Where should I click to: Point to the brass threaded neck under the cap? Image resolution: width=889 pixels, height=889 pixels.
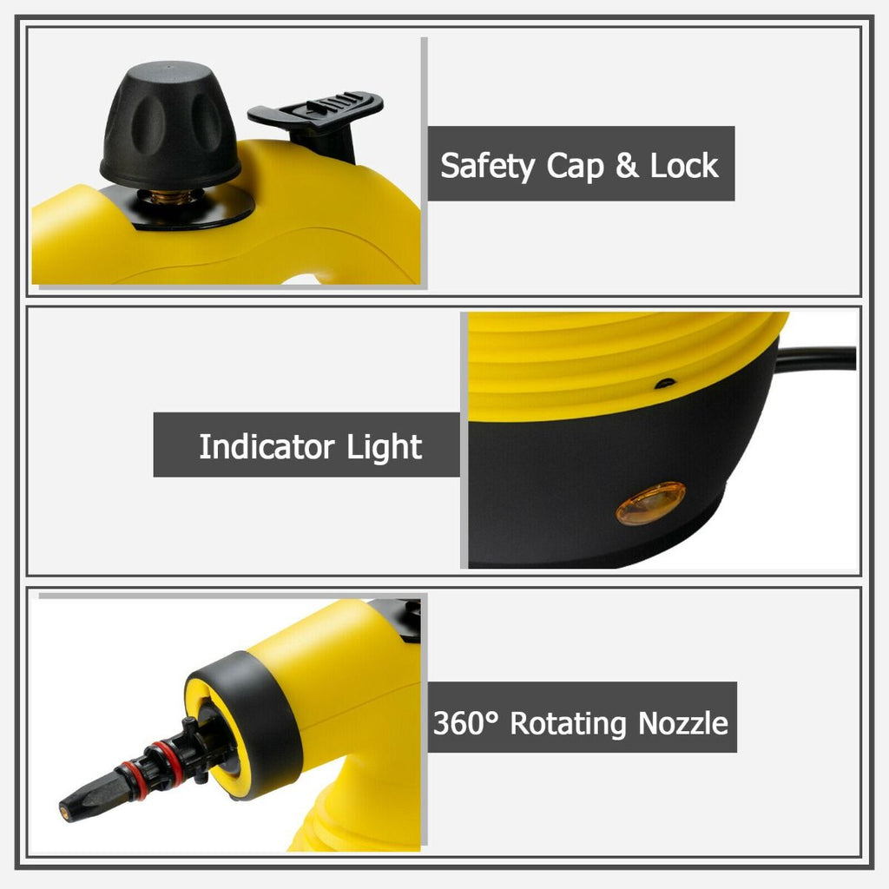[x=171, y=196]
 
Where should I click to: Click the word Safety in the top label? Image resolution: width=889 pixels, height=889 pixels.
[x=487, y=166]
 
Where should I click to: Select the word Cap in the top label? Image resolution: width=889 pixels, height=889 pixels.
[x=575, y=166]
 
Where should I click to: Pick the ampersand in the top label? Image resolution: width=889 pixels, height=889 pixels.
[x=627, y=165]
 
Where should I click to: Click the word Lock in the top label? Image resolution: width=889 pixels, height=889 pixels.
[x=684, y=165]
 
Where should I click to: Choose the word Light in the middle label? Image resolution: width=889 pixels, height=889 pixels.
[x=384, y=447]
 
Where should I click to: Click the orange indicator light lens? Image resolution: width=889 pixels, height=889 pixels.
[x=650, y=503]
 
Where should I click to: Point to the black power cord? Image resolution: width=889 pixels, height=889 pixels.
[x=815, y=359]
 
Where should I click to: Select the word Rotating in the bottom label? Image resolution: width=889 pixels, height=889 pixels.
[x=568, y=723]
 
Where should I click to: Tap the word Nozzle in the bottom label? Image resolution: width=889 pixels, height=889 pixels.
[x=682, y=723]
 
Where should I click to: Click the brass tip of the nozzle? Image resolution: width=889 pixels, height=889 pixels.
[x=65, y=813]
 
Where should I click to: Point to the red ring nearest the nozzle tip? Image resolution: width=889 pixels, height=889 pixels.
[x=132, y=780]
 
